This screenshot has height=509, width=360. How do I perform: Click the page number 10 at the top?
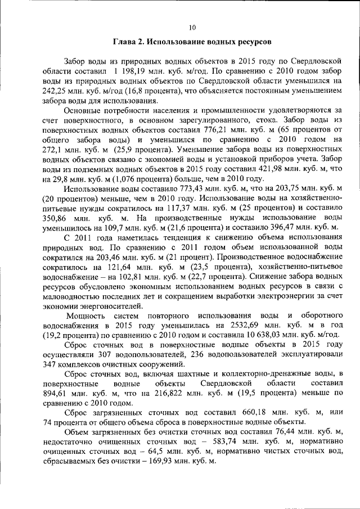click(192, 26)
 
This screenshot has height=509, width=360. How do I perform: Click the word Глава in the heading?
click(125, 42)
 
